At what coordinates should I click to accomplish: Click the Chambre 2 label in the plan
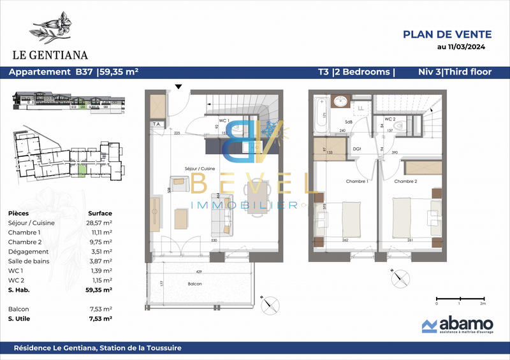coord(405,182)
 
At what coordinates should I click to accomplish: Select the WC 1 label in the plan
coord(224,120)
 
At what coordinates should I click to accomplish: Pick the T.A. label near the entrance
coord(156,124)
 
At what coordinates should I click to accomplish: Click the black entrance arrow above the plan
coord(179,87)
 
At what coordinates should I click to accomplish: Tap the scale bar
coord(460,298)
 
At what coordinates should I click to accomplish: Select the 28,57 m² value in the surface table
coord(99,223)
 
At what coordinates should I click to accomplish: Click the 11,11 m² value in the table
coord(99,233)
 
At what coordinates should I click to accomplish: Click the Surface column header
coord(99,213)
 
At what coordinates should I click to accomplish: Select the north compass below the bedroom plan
coord(400,278)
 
